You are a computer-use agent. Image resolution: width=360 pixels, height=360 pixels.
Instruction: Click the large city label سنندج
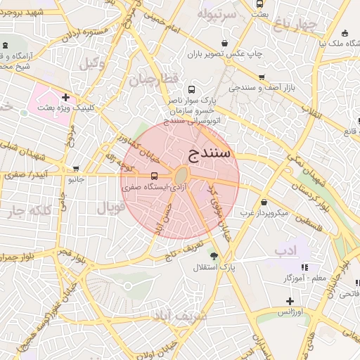[x=209, y=154]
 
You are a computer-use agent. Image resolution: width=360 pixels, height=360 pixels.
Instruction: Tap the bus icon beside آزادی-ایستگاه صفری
[x=154, y=176]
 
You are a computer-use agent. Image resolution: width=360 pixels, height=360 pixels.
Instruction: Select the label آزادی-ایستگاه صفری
[x=146, y=188]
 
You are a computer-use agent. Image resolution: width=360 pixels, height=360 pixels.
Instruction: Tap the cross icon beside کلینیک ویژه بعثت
[x=65, y=97]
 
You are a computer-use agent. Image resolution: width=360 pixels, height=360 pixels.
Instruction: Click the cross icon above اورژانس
[x=290, y=301]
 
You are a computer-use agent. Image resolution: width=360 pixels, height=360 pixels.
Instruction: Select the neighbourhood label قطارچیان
[x=155, y=79]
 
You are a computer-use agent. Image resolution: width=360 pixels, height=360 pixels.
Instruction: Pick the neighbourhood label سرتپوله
[x=216, y=13]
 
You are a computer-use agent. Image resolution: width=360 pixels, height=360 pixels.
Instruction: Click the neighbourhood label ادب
[x=286, y=250]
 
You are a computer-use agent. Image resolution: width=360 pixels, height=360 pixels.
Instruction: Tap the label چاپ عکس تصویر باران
[x=226, y=53]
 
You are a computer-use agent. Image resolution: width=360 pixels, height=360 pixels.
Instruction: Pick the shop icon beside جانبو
[x=76, y=169]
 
